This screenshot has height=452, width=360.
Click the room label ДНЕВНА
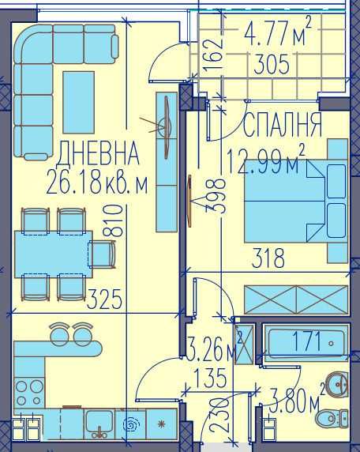tap(99, 150)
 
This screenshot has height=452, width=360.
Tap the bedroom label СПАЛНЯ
tap(283, 126)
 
